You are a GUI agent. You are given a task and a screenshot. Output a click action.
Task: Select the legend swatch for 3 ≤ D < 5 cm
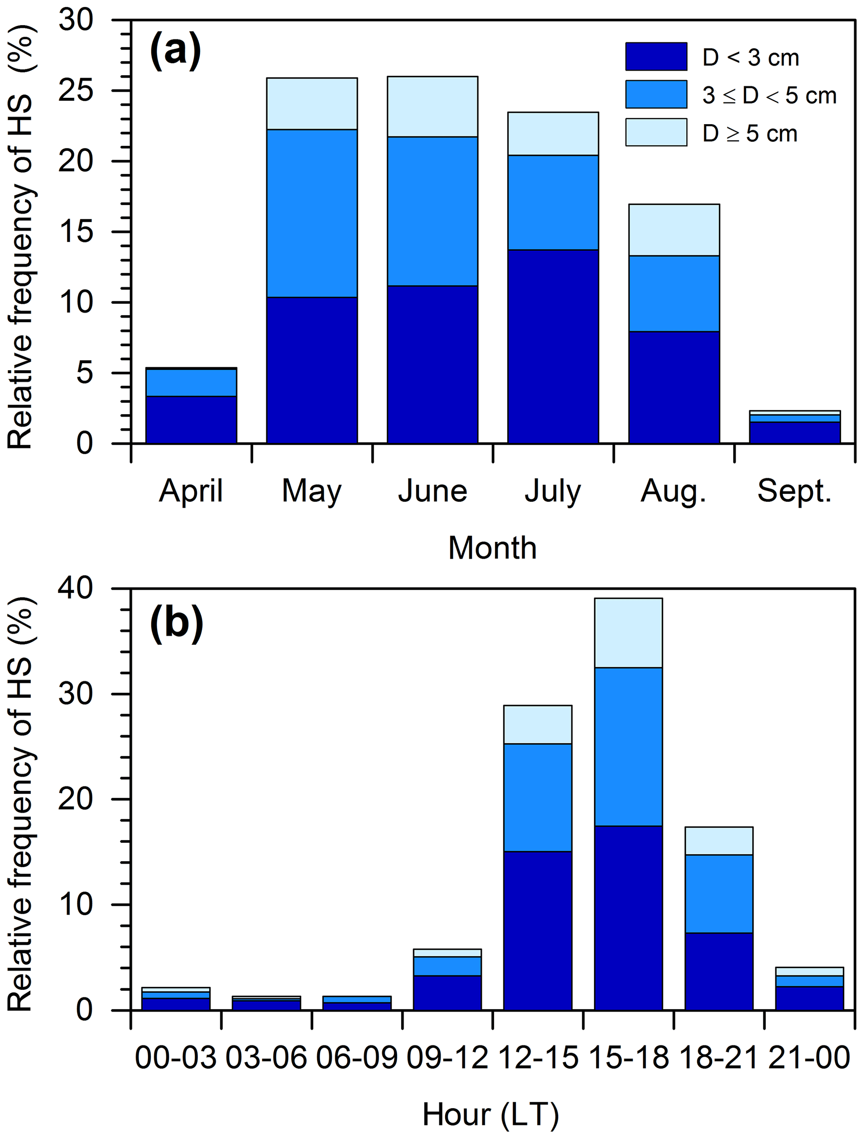tap(656, 94)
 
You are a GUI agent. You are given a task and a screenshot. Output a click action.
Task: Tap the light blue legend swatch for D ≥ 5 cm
tap(656, 132)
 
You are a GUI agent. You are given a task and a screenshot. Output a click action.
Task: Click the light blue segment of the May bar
tap(312, 104)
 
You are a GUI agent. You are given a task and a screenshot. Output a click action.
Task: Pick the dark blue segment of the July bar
tap(553, 346)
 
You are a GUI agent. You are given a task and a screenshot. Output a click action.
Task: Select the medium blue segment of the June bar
tap(432, 211)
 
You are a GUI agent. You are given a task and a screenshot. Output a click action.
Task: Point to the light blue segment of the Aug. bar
tap(674, 230)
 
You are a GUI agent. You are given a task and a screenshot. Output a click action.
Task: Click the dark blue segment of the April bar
tap(191, 419)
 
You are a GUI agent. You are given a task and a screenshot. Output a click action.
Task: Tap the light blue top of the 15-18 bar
tap(628, 633)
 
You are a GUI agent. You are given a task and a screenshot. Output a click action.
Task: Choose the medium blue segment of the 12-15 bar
tap(538, 798)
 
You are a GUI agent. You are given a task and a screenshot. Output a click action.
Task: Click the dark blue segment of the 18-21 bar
tap(719, 971)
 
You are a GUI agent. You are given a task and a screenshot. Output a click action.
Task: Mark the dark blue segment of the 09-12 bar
tap(447, 993)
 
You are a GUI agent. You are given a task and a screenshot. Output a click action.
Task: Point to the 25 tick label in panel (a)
tap(76, 91)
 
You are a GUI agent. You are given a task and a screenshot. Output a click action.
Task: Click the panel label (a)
tap(175, 51)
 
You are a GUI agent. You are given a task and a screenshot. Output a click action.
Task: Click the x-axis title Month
tap(492, 548)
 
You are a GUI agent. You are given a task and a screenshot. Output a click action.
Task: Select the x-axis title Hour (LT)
tap(490, 1115)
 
